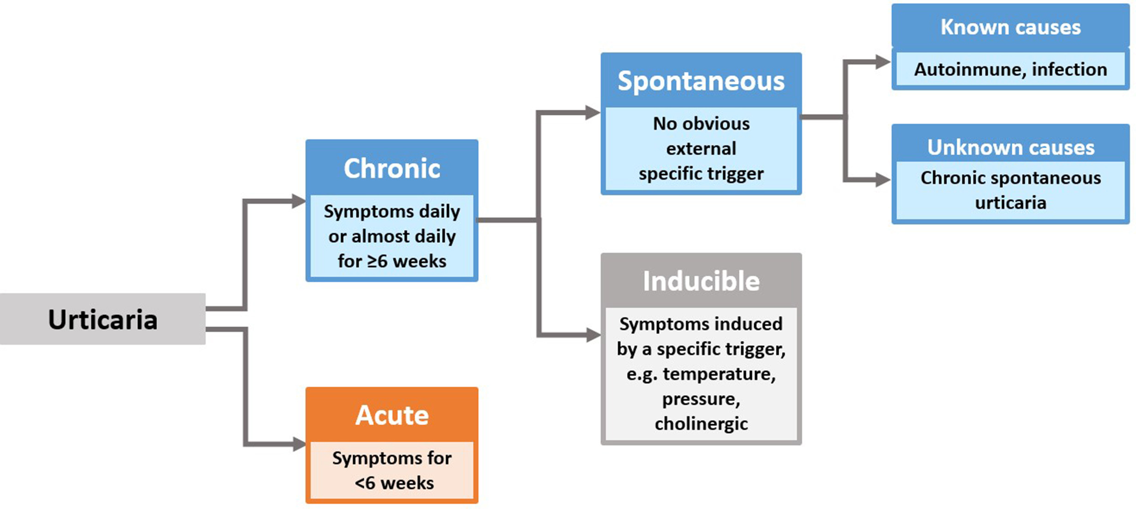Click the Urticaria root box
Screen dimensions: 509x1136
(x=102, y=319)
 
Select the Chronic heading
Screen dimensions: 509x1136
(x=391, y=168)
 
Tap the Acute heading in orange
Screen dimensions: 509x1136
(x=391, y=415)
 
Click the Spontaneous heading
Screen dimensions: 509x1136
(x=701, y=81)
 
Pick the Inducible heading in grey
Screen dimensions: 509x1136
(x=701, y=281)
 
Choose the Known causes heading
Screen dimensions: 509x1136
(x=1010, y=27)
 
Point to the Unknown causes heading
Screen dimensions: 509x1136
(x=1010, y=148)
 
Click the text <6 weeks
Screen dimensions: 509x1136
(x=394, y=483)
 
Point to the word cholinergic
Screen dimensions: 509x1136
(x=701, y=424)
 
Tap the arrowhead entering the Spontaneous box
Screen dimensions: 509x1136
(x=593, y=112)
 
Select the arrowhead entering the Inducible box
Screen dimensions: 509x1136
(x=594, y=335)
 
